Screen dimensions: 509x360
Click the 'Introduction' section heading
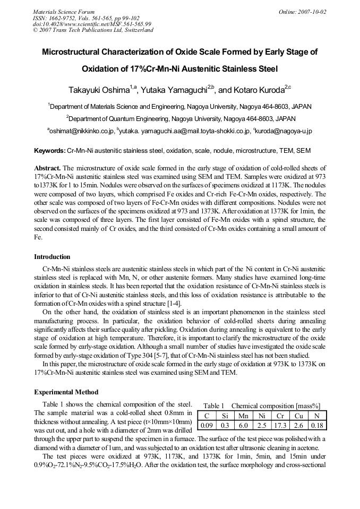tap(52, 257)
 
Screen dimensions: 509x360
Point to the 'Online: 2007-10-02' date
tap(303, 12)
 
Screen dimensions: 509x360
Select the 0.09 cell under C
tap(207, 425)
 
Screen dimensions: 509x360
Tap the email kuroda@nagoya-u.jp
tap(283, 131)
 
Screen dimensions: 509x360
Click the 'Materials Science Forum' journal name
tap(64, 12)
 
